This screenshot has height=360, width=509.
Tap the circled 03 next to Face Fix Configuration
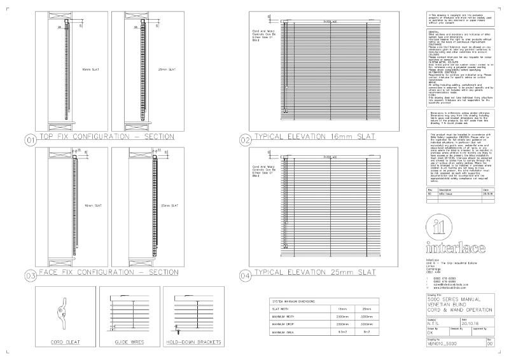pos(30,276)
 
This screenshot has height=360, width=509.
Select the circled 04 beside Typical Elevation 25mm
pos(246,276)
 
